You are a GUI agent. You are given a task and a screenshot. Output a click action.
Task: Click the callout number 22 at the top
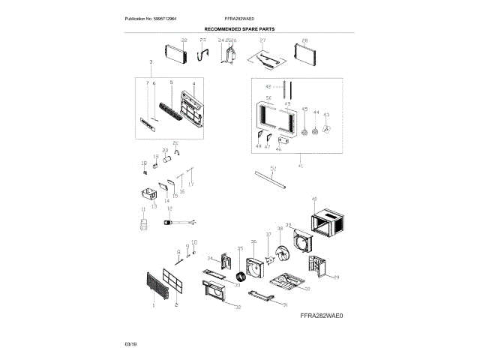(x=184, y=39)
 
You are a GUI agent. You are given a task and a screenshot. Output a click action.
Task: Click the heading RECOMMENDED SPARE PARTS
(x=239, y=28)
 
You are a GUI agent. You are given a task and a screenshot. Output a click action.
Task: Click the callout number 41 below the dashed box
(x=300, y=165)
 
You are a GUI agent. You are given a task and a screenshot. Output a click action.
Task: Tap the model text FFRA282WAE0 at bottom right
(x=322, y=316)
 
